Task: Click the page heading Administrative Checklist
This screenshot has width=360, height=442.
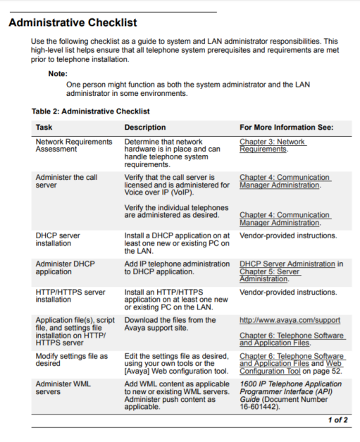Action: [73, 23]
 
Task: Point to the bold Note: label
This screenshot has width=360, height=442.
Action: [58, 74]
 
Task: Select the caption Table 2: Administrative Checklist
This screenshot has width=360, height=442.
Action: [90, 111]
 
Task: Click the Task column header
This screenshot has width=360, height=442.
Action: [44, 128]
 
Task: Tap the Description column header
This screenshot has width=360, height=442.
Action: [145, 128]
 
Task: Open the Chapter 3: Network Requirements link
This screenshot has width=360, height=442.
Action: [272, 145]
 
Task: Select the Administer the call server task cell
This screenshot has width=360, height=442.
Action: [66, 181]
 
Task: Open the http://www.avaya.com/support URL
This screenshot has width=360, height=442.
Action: [290, 321]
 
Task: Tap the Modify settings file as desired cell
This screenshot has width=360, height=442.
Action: [71, 360]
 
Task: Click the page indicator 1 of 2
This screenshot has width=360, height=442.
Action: [337, 420]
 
